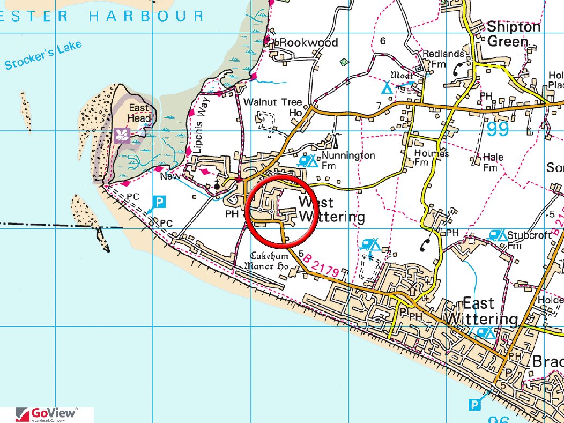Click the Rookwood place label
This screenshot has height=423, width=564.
[x=309, y=42]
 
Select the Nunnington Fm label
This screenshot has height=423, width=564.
[x=348, y=160]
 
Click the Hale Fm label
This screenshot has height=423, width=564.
[x=492, y=162]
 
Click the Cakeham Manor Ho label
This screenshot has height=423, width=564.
[x=266, y=261]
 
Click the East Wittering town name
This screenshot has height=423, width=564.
[x=480, y=311]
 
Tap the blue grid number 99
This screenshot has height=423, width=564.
[x=499, y=129]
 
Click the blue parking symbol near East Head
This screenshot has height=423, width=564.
[x=160, y=202]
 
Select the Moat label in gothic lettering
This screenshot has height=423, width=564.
[x=402, y=75]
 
